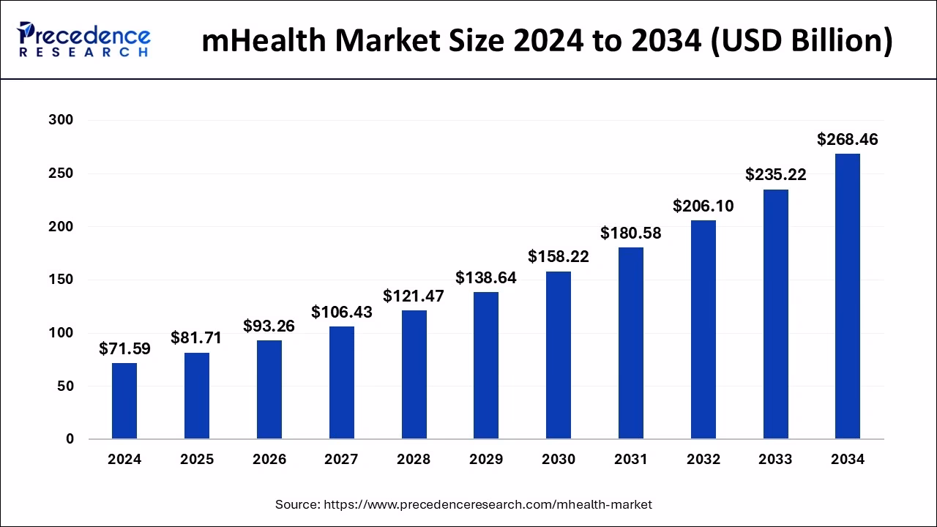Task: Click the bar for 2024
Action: pos(124,401)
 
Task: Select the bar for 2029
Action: pos(486,366)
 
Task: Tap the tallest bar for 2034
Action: pos(848,296)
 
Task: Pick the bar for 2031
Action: pos(630,343)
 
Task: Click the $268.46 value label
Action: pos(848,139)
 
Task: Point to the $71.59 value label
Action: pos(124,348)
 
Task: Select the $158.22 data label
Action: pos(559,257)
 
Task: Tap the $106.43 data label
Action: pos(341,312)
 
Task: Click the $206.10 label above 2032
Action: pos(703,206)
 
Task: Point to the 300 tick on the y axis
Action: pos(61,120)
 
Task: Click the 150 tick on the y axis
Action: pos(61,280)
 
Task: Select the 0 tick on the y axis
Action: pos(70,439)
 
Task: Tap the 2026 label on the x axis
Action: pos(269,460)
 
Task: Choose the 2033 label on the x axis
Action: pos(775,460)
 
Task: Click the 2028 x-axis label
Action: pos(414,460)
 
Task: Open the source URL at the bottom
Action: pos(488,504)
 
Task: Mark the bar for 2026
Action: pos(269,389)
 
